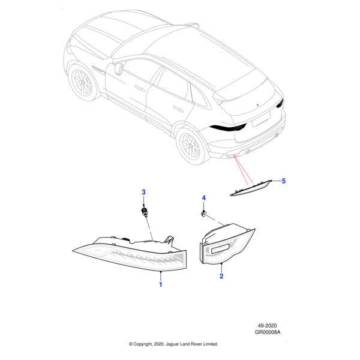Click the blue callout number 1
(161, 284)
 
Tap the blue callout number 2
(221, 276)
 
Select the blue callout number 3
(143, 192)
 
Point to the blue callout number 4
(203, 198)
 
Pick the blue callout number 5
(284, 181)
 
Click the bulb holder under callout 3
(145, 212)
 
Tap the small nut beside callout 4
(203, 214)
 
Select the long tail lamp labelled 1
(130, 253)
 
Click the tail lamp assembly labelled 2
(227, 244)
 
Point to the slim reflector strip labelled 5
(251, 188)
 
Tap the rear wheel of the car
(190, 146)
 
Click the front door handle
(139, 88)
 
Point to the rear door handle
(178, 109)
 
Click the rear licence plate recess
(261, 119)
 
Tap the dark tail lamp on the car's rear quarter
(228, 128)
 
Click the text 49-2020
(267, 326)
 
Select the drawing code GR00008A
(268, 332)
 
